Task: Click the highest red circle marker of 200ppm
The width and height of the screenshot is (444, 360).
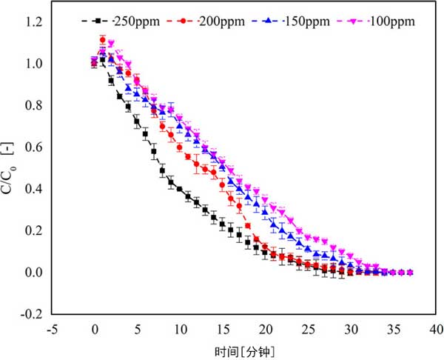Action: click(103, 40)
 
